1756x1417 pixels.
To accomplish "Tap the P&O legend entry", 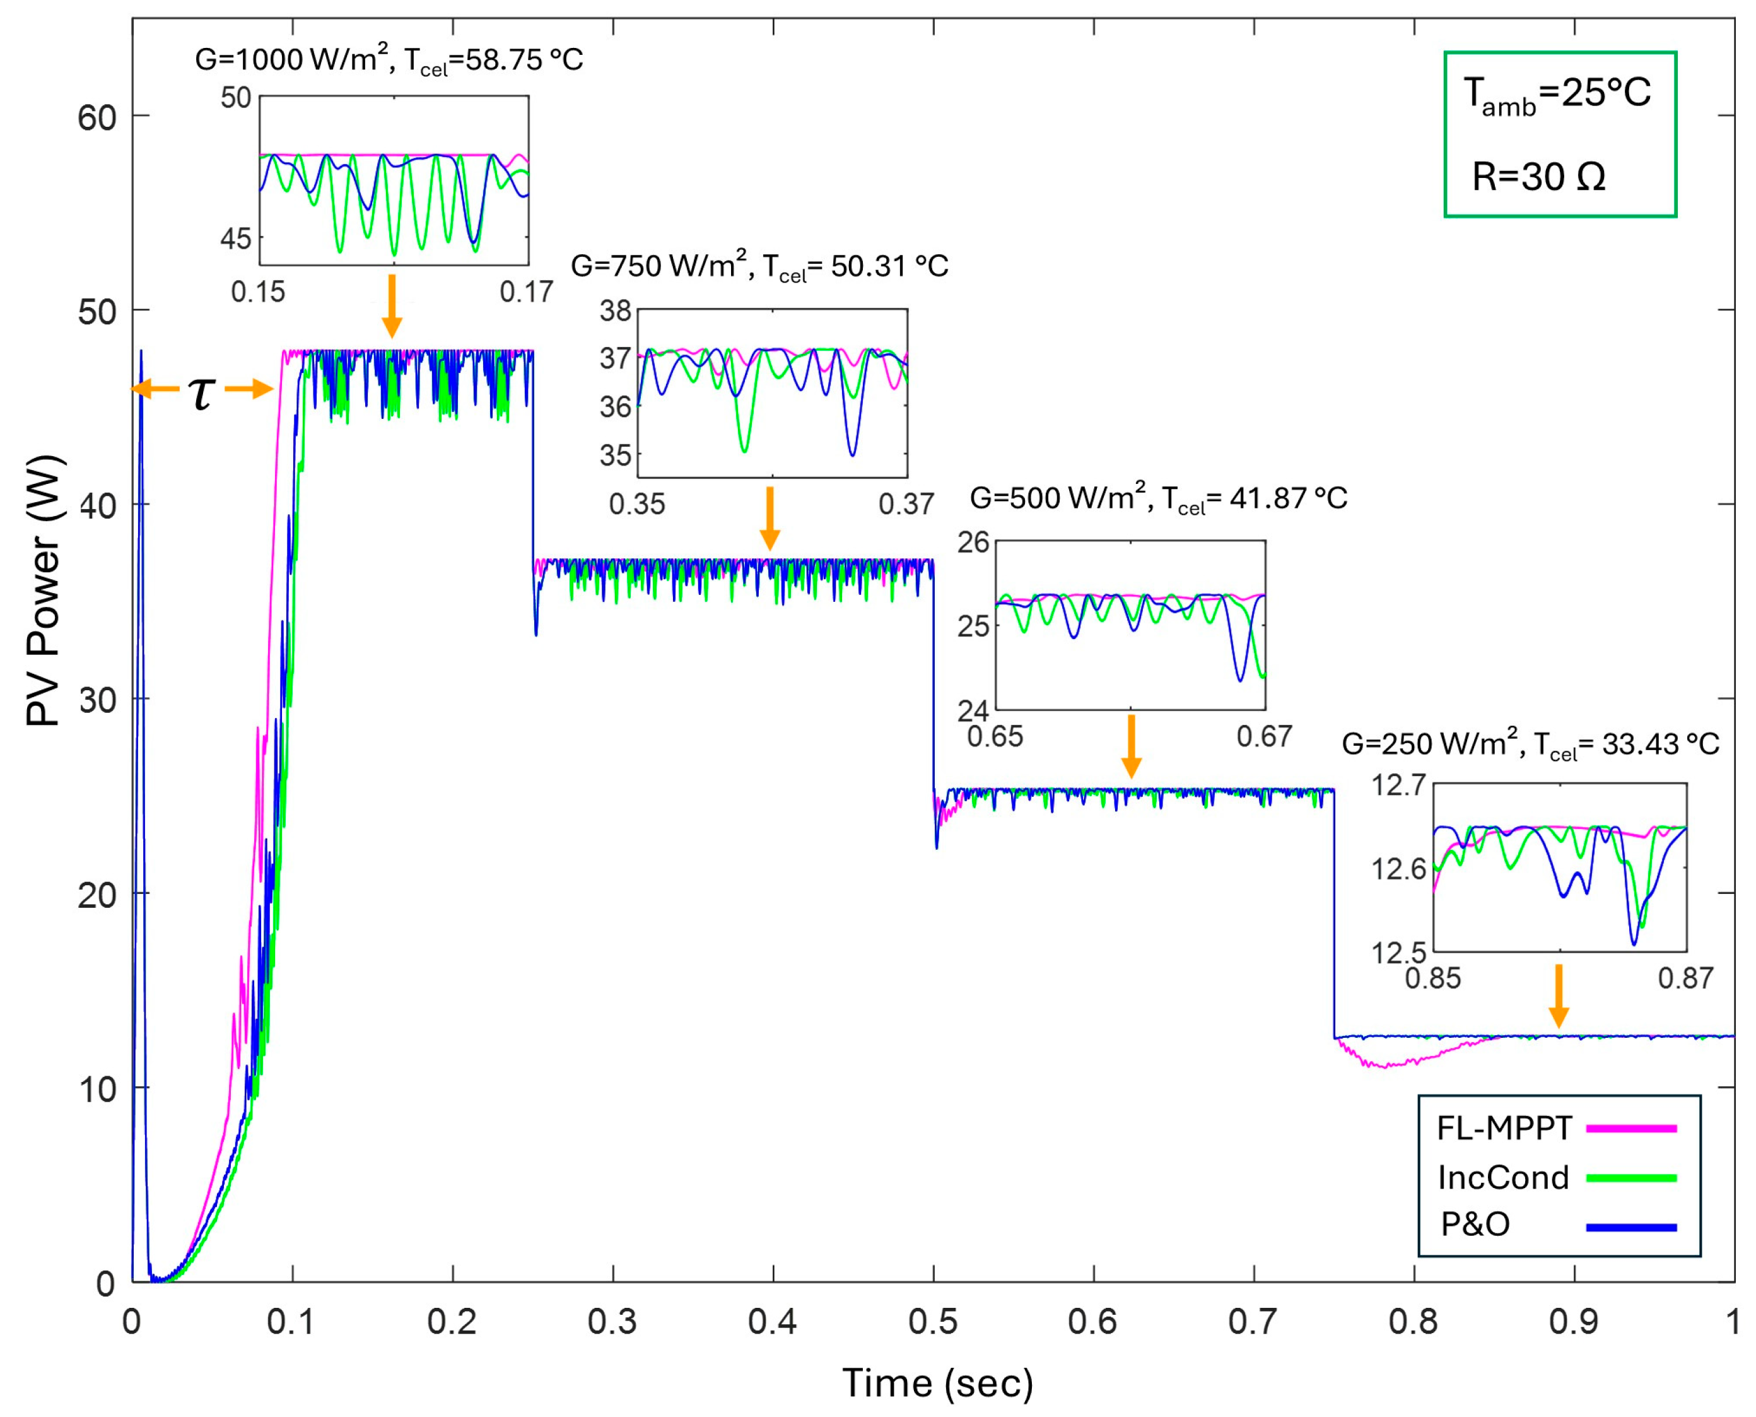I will pyautogui.click(x=1475, y=1225).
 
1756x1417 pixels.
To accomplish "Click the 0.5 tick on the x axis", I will pyautogui.click(x=933, y=1322).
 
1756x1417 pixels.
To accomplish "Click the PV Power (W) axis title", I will pyautogui.click(x=45, y=591).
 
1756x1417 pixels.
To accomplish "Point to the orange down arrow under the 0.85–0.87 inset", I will pyautogui.click(x=1559, y=996).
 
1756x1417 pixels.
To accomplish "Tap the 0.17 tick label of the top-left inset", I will pyautogui.click(x=526, y=292).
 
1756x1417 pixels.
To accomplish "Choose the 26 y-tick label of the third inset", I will pyautogui.click(x=973, y=543).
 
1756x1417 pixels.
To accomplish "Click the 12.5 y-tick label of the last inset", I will pyautogui.click(x=1398, y=953).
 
